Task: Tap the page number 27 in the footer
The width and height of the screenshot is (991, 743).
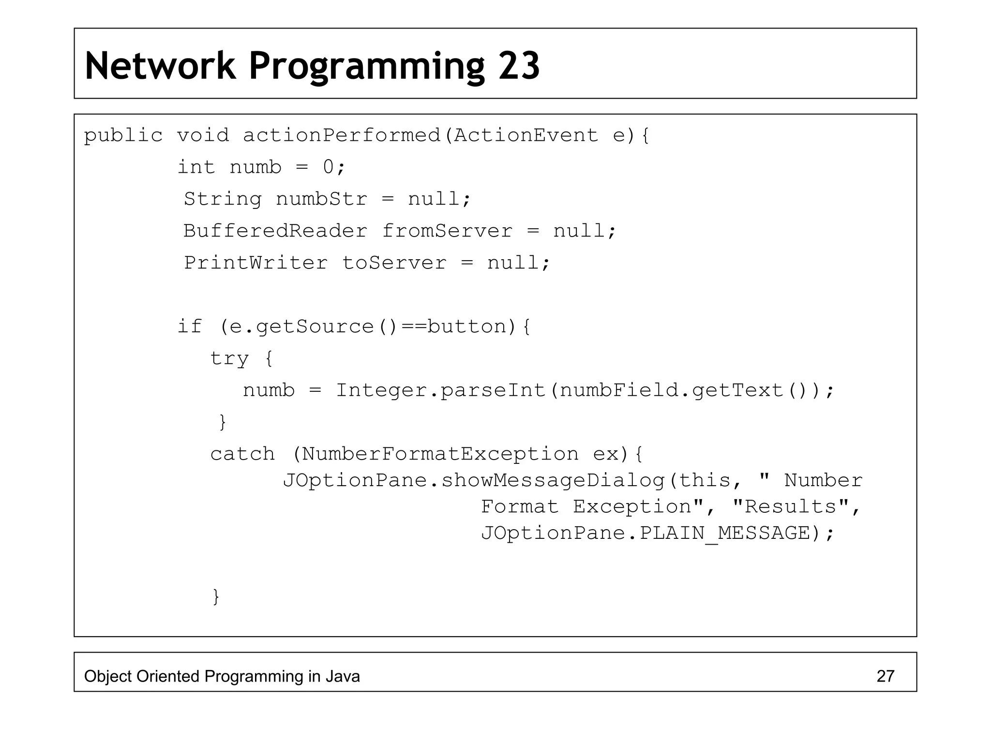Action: pyautogui.click(x=885, y=676)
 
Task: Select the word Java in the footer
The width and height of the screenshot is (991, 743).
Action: pyautogui.click(x=342, y=676)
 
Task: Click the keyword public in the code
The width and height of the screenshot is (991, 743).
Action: pyautogui.click(x=123, y=135)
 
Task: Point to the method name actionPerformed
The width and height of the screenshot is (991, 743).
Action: pyautogui.click(x=342, y=135)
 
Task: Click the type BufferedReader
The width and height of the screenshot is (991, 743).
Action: pyautogui.click(x=275, y=231)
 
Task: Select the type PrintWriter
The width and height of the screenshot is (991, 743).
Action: pyautogui.click(x=255, y=263)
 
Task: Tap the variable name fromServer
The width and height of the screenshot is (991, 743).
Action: pyautogui.click(x=447, y=231)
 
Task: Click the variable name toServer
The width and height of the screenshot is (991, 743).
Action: pyautogui.click(x=394, y=263)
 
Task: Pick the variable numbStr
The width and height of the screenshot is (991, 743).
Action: pyautogui.click(x=321, y=199)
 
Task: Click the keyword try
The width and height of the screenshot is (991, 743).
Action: pyautogui.click(x=229, y=358)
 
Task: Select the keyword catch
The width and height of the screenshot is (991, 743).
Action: pyautogui.click(x=242, y=454)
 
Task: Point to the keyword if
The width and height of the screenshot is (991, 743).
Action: pyautogui.click(x=189, y=327)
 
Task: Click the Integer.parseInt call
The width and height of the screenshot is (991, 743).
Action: pyautogui.click(x=440, y=390)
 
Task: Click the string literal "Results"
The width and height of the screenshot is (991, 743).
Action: pyautogui.click(x=791, y=506)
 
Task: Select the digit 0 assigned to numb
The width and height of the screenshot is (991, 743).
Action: pyautogui.click(x=329, y=167)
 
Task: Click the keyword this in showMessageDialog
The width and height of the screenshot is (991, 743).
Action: pyautogui.click(x=705, y=480)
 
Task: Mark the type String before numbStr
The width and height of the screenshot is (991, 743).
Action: pyautogui.click(x=223, y=199)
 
